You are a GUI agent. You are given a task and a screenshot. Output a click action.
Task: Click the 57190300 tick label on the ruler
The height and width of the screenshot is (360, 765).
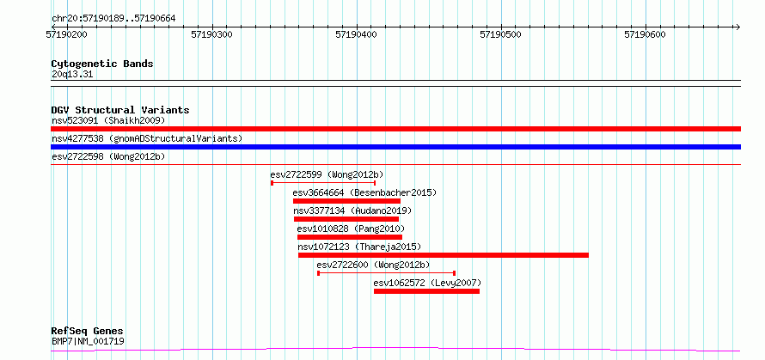(x=211, y=34)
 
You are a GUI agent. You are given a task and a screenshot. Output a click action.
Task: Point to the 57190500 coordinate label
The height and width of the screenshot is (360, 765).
(x=500, y=34)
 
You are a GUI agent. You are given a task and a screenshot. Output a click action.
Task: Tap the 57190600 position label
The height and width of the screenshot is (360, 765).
(x=645, y=34)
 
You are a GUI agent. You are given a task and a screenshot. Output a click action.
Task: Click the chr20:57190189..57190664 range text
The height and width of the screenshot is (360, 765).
(x=113, y=19)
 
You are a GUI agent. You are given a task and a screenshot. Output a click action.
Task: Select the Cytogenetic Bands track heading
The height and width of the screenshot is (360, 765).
(x=102, y=64)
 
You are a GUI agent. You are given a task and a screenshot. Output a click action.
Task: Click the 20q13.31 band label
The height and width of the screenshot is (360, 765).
(x=71, y=75)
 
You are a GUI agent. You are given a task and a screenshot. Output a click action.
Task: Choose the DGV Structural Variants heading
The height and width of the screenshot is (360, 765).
(x=120, y=110)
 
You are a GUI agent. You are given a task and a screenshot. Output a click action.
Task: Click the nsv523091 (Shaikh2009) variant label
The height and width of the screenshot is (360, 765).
(x=108, y=120)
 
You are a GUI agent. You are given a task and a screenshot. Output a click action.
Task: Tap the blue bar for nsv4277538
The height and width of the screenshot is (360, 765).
(x=395, y=147)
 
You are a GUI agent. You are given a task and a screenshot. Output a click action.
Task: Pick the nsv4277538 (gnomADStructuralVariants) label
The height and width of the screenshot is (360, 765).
(x=147, y=138)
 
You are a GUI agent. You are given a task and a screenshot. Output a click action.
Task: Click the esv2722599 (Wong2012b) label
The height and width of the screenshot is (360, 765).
(x=327, y=174)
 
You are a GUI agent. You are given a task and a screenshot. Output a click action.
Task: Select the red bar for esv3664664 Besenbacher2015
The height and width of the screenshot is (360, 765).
(x=346, y=201)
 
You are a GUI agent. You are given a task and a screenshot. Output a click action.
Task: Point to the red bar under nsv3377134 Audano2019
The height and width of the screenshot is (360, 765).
(x=346, y=219)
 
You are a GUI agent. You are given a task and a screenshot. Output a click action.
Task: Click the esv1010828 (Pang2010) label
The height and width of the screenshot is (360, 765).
(x=351, y=229)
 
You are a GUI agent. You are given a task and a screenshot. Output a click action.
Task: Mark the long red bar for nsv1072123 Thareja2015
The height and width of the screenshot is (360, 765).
(x=443, y=255)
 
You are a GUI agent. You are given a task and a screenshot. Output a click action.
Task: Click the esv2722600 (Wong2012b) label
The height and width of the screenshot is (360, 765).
(x=373, y=265)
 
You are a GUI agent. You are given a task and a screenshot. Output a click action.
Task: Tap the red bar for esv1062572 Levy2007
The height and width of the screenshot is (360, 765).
(x=426, y=291)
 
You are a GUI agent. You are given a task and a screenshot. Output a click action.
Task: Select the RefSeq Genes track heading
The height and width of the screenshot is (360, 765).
(x=88, y=332)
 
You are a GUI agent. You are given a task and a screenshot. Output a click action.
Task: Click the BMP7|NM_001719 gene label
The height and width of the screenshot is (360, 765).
(x=88, y=341)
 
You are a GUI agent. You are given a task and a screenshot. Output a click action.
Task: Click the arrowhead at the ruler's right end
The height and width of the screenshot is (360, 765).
(x=738, y=27)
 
